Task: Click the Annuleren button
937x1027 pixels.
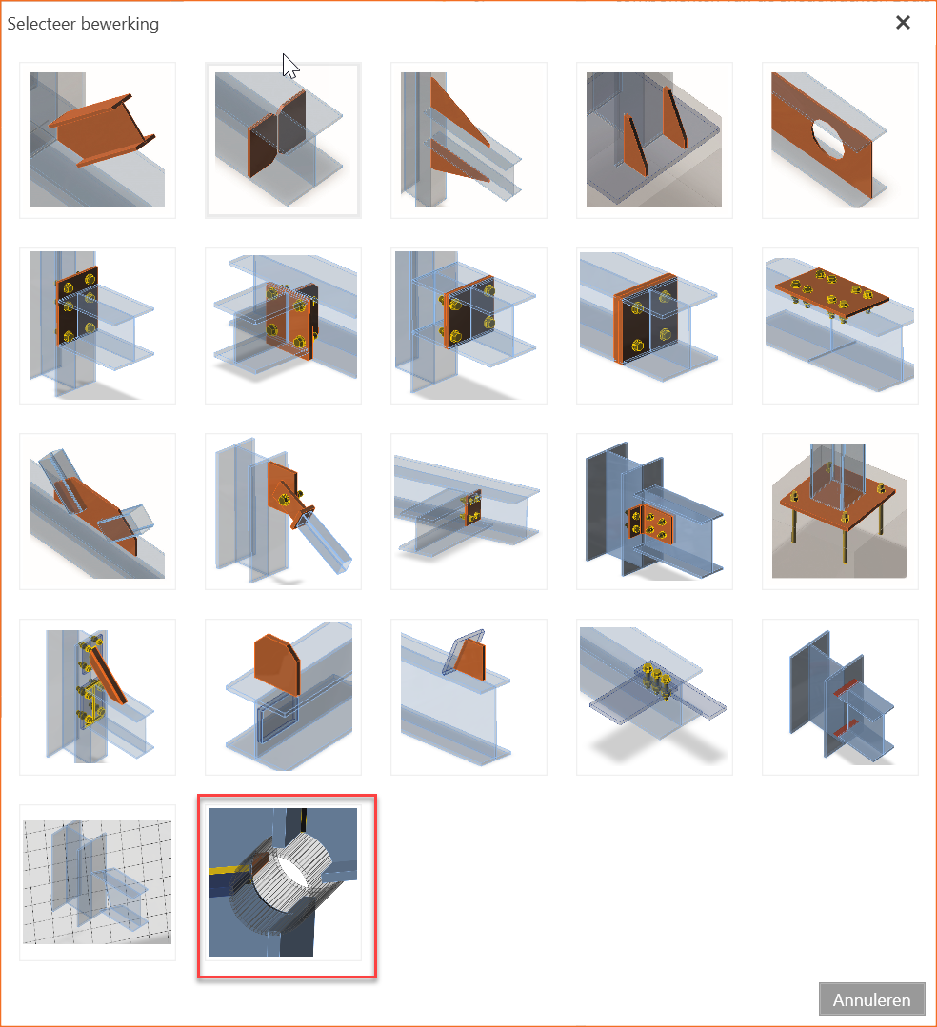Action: tap(871, 999)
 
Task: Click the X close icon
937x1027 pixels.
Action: tap(903, 23)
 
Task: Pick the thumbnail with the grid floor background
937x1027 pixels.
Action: tap(98, 882)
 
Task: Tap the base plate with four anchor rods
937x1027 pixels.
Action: tap(840, 511)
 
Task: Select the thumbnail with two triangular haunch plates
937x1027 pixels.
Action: tap(468, 140)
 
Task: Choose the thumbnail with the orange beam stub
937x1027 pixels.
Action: tap(98, 140)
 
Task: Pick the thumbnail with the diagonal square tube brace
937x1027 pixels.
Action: tap(283, 511)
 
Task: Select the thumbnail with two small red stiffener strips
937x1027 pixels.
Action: tap(840, 697)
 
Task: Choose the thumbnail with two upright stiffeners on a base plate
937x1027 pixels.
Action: tap(654, 140)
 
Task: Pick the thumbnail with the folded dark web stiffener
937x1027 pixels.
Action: tap(283, 140)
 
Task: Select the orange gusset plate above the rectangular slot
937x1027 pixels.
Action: tap(276, 662)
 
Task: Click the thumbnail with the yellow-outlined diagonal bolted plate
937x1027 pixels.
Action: tap(98, 697)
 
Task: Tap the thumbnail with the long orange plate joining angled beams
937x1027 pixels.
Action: tap(98, 511)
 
